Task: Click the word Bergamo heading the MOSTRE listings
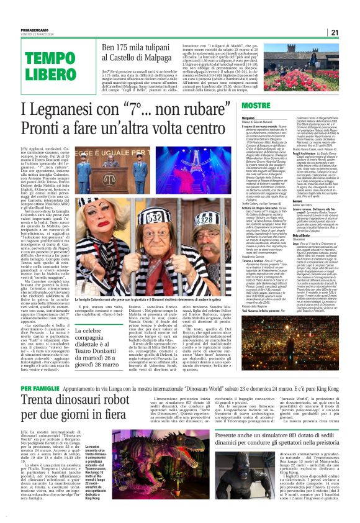(248, 117)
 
